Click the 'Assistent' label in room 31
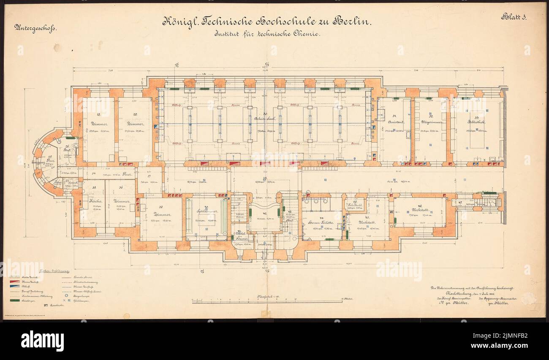point(395,122)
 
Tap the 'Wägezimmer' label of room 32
point(430,122)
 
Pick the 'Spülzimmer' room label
point(205,212)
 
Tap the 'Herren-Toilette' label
point(321,222)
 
